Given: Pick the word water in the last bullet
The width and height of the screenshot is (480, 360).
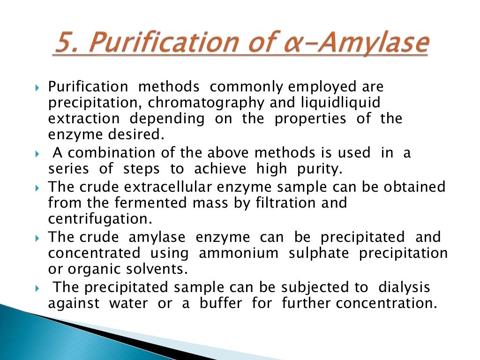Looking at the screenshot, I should point(128,303).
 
